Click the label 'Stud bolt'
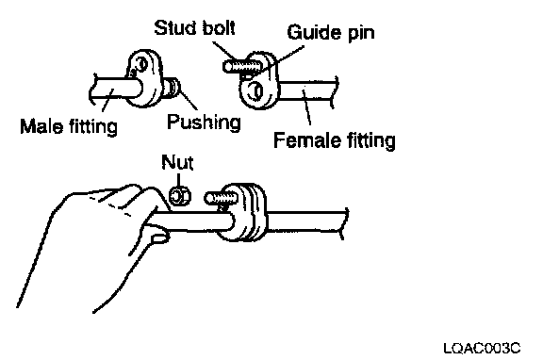pos(194,27)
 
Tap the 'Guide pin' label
pos(331,33)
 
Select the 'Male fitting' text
pos(69,126)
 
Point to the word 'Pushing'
pos(204,123)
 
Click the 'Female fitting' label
pos(334,140)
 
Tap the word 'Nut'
pos(177,162)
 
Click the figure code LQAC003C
pos(482,348)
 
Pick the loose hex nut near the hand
pos(180,197)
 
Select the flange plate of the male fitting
pos(145,78)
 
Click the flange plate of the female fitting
pos(259,81)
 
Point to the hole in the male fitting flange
pos(141,64)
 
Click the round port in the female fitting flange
pos(256,91)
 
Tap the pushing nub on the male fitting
pos(173,88)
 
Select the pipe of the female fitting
pos(306,90)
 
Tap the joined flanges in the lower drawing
pos(242,212)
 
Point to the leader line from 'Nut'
pos(179,180)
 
